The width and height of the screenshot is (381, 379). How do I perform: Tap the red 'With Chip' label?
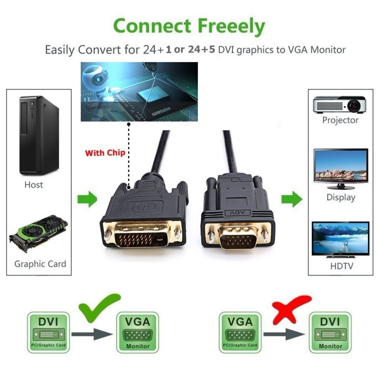coord(105,153)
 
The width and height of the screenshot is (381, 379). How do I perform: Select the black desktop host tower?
coord(39,135)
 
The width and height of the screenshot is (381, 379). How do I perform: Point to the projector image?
coord(339,104)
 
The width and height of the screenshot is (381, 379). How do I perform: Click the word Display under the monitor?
coord(341,197)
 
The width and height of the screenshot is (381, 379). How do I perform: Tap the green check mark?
coord(99,308)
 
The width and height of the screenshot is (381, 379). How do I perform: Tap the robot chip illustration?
coord(139,91)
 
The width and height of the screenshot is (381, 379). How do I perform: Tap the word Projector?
coord(340,120)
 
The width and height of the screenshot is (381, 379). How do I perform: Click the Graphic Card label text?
coord(40,264)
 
